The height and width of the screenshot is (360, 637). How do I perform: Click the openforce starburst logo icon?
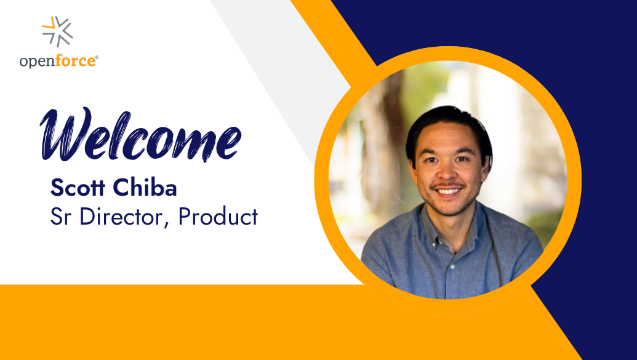58,31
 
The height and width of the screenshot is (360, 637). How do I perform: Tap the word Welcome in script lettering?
140,135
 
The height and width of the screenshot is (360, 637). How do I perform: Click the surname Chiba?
145,187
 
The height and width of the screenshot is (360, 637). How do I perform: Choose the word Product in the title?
218,216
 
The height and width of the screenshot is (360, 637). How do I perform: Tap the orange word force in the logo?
75,61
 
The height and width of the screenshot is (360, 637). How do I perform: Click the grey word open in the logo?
37,62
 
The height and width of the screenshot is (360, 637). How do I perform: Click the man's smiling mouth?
448,190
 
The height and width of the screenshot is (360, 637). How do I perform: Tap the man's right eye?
432,160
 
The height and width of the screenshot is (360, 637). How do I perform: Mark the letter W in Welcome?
65,134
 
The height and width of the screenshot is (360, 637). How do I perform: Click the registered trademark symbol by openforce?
97,58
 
